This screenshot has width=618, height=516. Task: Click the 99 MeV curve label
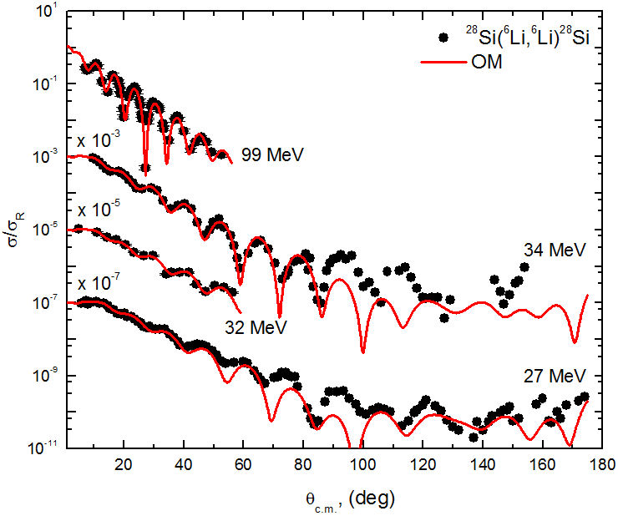pos(271,154)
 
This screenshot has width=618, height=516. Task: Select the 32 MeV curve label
pos(255,327)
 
